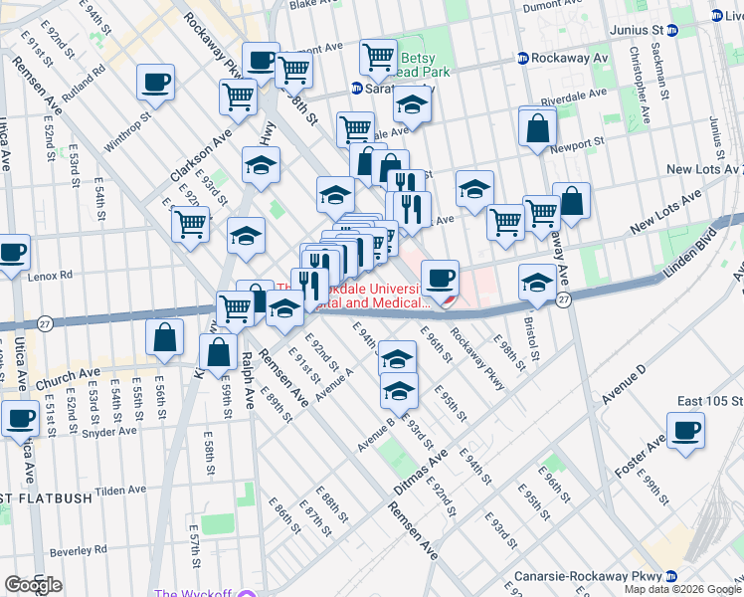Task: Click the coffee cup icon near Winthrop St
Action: pyautogui.click(x=155, y=83)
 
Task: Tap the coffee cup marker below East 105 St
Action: pyautogui.click(x=685, y=432)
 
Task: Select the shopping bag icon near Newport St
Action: pyautogui.click(x=537, y=127)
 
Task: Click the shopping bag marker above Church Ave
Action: pyautogui.click(x=164, y=338)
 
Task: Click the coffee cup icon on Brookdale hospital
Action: pyautogui.click(x=440, y=277)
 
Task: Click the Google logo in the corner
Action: pyautogui.click(x=33, y=585)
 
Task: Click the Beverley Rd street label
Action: pyautogui.click(x=78, y=550)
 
